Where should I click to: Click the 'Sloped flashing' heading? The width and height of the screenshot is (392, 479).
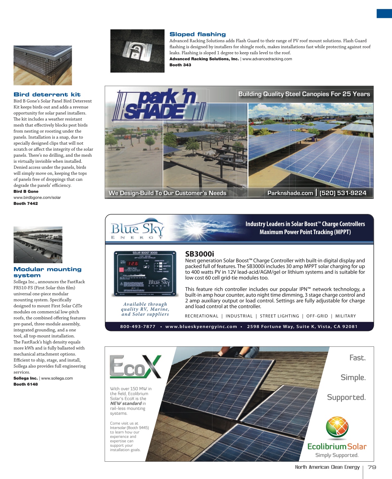tap(197, 34)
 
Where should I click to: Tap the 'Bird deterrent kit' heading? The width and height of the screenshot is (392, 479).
tap(47, 94)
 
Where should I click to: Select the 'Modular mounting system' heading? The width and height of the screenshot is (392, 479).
tap(47, 272)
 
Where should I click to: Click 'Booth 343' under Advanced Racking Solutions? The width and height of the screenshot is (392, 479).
tap(180, 65)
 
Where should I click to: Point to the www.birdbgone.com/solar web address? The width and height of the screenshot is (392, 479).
tap(37, 198)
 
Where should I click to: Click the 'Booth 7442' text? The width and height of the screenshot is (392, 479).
tap(26, 204)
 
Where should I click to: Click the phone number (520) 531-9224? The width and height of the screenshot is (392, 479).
tap(343, 193)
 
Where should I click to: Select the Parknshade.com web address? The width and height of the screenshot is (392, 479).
tap(290, 193)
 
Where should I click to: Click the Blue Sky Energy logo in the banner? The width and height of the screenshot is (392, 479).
tap(137, 229)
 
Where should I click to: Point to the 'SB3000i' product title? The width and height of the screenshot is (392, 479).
tap(199, 254)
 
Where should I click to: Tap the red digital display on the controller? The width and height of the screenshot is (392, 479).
tap(133, 263)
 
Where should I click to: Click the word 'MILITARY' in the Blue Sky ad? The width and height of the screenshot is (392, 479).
tap(345, 316)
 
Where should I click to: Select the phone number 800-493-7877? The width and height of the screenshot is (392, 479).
tap(138, 327)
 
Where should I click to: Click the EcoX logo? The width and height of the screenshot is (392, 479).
tap(135, 367)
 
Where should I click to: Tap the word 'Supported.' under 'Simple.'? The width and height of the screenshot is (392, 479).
tap(346, 397)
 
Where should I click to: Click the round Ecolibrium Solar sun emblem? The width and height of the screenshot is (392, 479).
tap(337, 427)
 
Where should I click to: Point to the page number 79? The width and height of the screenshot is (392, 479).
tap(372, 467)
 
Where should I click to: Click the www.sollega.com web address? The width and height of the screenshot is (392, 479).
tap(57, 378)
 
